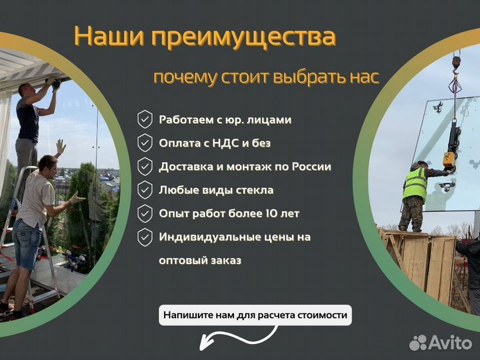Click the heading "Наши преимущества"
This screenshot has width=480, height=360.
pos(204,36)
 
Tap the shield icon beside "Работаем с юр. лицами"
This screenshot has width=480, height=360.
pos(145,120)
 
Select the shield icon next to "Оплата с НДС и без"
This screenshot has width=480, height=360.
pos(145,143)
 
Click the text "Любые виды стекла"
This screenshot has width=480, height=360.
pos(215,190)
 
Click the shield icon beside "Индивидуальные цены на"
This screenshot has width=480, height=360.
pos(145,237)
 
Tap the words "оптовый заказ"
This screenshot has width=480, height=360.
pos(200,260)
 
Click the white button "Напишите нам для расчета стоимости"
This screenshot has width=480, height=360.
pos(255,315)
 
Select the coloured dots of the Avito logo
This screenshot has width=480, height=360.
pos(418,343)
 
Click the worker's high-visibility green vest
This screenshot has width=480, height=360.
pos(414,183)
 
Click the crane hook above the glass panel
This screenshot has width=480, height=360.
pos(456,63)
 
